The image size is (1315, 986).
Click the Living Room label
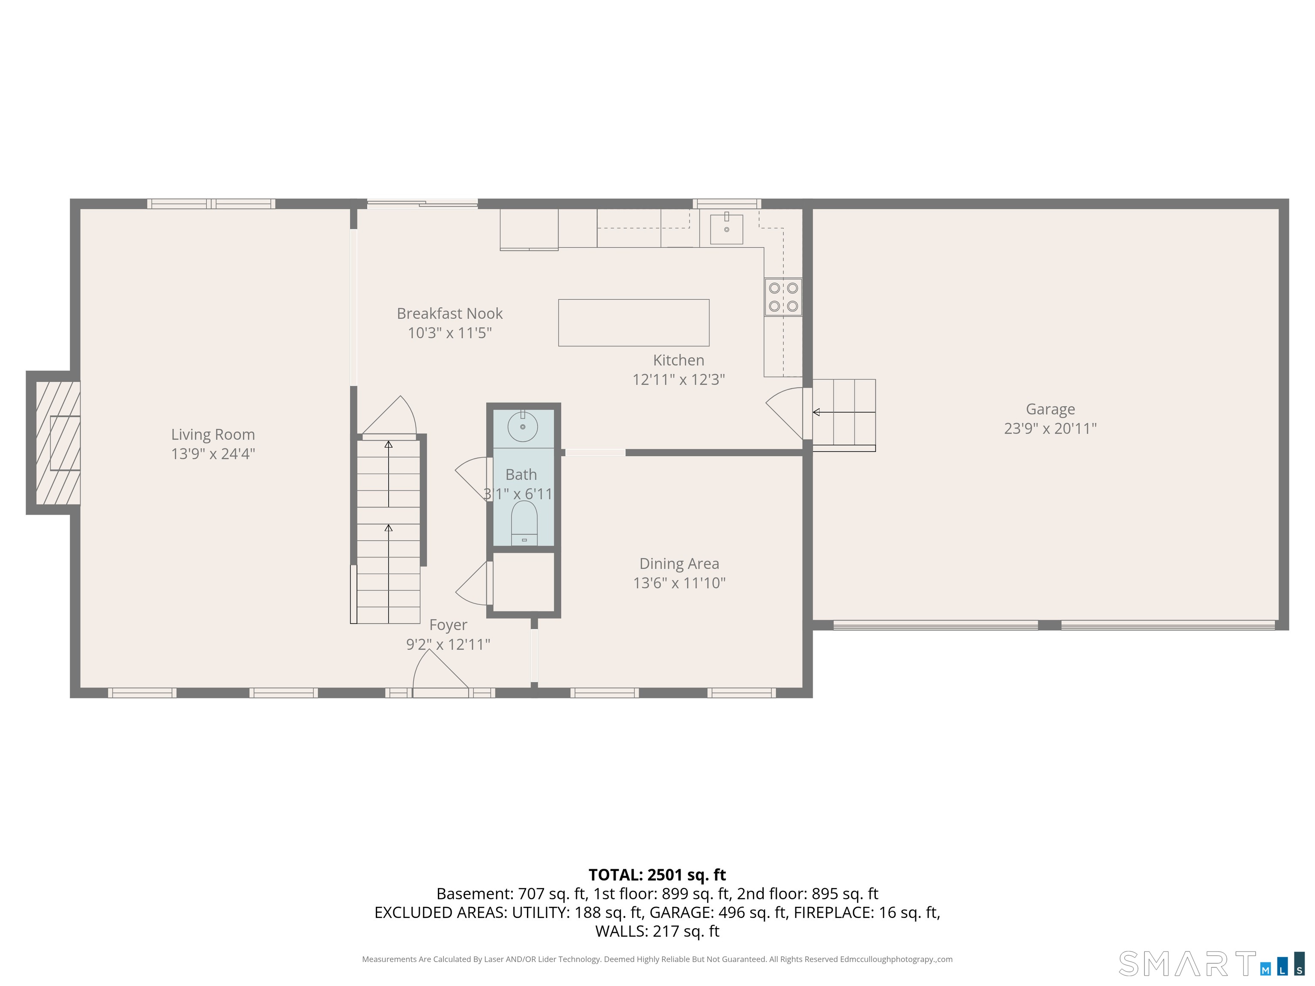(x=213, y=434)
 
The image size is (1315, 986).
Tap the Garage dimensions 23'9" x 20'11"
(x=1050, y=428)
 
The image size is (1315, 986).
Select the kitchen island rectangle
(x=633, y=323)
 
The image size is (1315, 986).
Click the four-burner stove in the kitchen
(x=783, y=297)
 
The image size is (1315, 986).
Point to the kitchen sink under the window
(x=726, y=229)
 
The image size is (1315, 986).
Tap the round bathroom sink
(x=523, y=427)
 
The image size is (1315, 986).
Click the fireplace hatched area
(x=58, y=443)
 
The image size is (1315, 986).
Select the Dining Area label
(x=679, y=564)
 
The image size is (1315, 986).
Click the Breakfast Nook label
(x=449, y=313)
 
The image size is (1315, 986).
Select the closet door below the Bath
(x=474, y=583)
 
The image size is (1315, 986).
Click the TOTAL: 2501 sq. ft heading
(x=657, y=875)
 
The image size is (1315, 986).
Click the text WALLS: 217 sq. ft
(x=657, y=931)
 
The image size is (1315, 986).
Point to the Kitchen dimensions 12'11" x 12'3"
(x=678, y=380)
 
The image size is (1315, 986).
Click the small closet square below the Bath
(x=523, y=582)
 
